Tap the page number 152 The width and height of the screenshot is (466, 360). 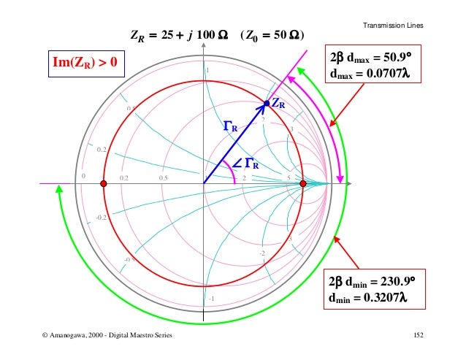pos(419,334)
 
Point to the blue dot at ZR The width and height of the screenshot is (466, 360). pos(267,104)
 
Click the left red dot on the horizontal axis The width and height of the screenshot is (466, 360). pos(104,183)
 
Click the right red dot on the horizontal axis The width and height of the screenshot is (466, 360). pos(303,183)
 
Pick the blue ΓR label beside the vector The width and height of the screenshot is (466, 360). pos(230,128)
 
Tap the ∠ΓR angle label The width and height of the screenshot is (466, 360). pos(246,164)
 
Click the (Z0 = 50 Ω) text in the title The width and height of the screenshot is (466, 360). pos(272,35)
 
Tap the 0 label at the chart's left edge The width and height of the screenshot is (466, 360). pos(83,176)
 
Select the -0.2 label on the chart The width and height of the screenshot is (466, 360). pos(102,217)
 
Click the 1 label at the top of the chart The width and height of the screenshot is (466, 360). pos(207,71)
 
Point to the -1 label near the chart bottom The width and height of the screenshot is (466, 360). pos(210,299)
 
